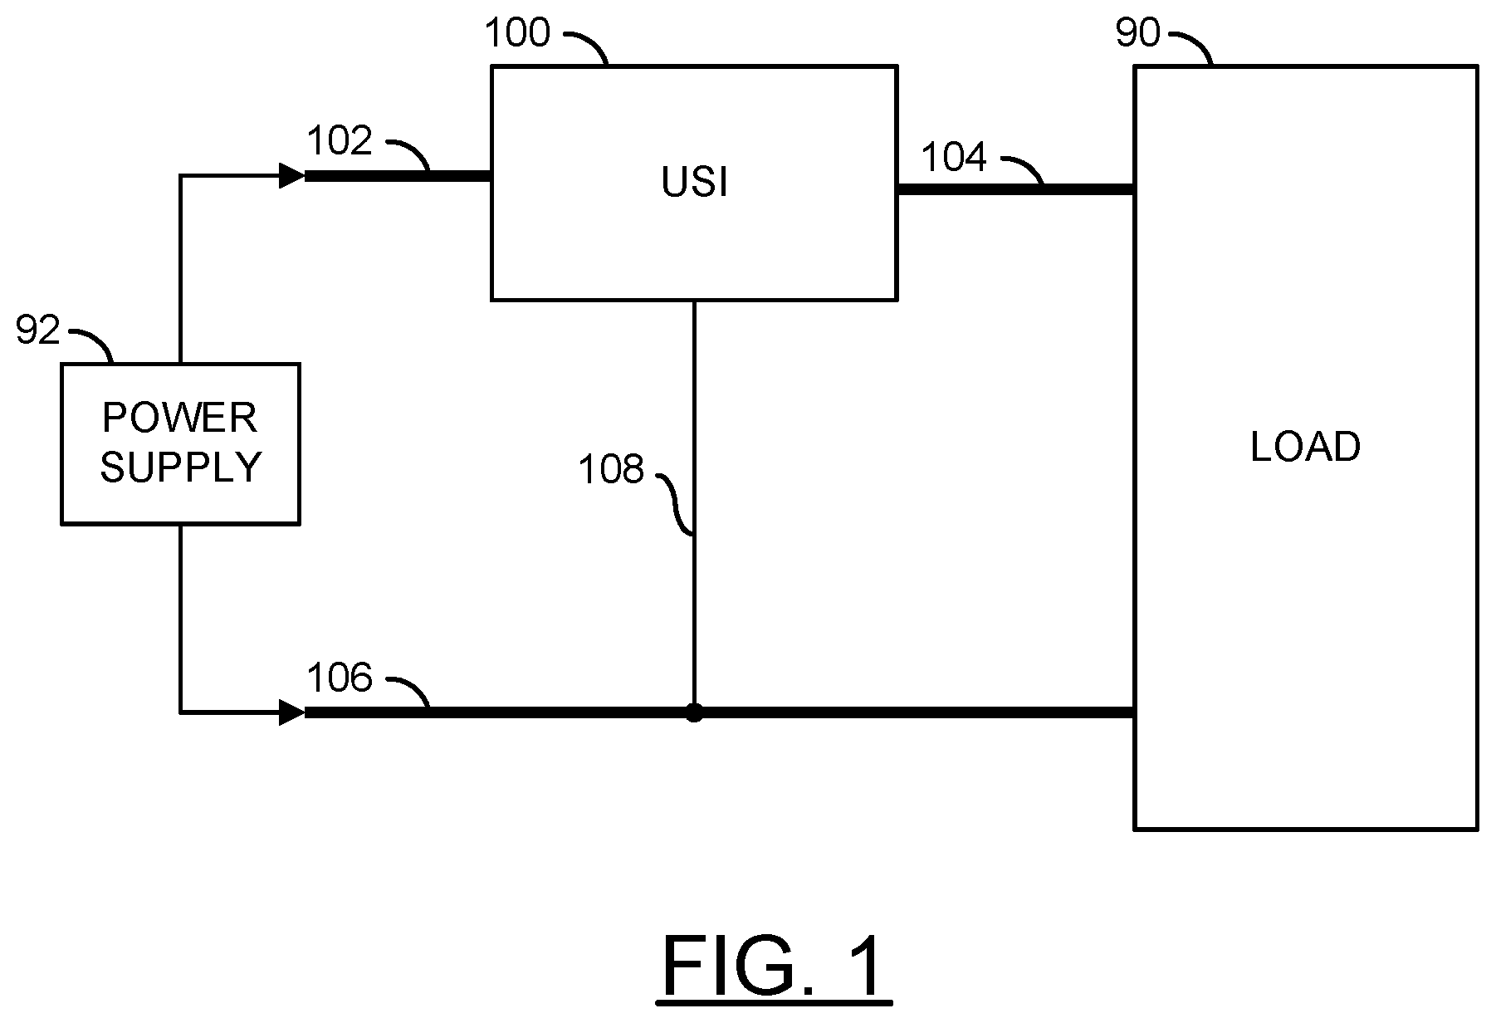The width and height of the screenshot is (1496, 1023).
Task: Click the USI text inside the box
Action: coord(694,184)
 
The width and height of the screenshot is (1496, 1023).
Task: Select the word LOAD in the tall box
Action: coord(1305,448)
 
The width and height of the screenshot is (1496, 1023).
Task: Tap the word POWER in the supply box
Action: coord(179,418)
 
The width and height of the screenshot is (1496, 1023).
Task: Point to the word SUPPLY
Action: coord(181,467)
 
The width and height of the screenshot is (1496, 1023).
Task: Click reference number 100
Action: coord(517,34)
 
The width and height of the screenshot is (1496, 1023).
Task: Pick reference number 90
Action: coord(1137,34)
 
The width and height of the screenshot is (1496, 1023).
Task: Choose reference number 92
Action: coord(38,331)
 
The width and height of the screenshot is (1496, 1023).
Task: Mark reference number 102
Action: coord(340,142)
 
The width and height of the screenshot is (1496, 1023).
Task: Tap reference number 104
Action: coord(955,157)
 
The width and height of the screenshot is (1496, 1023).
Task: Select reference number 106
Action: coord(340,678)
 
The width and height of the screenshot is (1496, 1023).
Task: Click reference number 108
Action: coord(612,470)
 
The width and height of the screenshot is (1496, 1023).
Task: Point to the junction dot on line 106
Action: coord(694,712)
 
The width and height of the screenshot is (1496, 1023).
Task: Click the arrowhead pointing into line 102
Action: coord(291,176)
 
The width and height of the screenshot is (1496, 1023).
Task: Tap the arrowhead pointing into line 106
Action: coord(291,712)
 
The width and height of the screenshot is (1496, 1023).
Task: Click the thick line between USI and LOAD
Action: coord(1014,190)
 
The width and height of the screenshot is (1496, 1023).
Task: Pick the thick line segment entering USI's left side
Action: coord(398,176)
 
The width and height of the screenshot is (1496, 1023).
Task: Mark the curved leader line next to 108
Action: coord(677,502)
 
